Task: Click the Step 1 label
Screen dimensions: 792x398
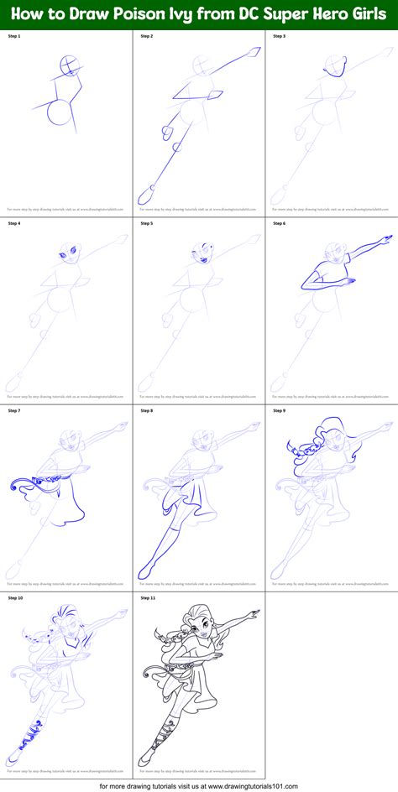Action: pyautogui.click(x=13, y=37)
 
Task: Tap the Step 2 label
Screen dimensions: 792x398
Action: pyautogui.click(x=146, y=37)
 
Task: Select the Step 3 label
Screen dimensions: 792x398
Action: pyautogui.click(x=279, y=37)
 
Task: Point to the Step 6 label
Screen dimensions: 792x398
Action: pyautogui.click(x=279, y=224)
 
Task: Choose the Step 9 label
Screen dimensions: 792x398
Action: pyautogui.click(x=279, y=411)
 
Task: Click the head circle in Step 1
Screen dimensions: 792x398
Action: pyautogui.click(x=71, y=67)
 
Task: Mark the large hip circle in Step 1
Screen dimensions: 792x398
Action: pyautogui.click(x=60, y=112)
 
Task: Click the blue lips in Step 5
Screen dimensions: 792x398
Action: pyautogui.click(x=204, y=261)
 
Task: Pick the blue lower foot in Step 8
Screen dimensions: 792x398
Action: pyautogui.click(x=145, y=571)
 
